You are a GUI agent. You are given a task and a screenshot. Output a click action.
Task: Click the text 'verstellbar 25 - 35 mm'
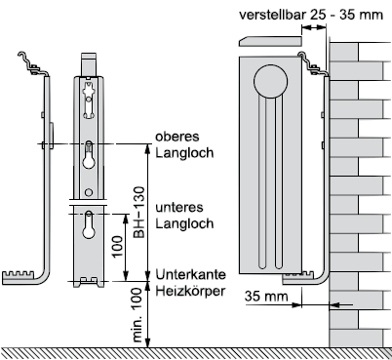pos(311,15)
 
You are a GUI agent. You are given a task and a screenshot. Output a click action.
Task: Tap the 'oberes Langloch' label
pos(184,144)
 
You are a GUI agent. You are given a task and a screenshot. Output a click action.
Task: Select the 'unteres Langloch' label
pos(184,216)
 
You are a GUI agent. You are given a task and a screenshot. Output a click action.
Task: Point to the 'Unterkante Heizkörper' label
pos(190,282)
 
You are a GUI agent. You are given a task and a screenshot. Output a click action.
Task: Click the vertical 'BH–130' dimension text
pos(139,212)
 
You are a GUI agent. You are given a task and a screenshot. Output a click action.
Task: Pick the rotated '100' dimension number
pos(117,247)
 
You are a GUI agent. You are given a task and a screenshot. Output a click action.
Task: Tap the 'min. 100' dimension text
pos(137,315)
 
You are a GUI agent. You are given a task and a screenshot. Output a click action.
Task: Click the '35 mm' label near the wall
pos(266,297)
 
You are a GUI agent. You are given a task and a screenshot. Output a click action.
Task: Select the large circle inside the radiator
pos(271,81)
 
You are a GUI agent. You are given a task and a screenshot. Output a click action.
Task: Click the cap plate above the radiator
pos(271,41)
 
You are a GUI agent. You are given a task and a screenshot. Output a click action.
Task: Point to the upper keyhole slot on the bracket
pos(89,155)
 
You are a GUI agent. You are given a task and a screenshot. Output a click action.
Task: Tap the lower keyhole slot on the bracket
pos(89,224)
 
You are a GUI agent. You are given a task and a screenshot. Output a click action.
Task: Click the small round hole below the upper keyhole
pos(89,192)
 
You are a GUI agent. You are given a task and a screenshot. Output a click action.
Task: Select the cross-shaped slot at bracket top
pos(89,100)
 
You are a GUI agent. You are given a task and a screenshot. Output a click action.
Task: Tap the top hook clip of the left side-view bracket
pos(32,64)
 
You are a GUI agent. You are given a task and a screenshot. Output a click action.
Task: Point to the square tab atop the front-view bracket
pos(89,64)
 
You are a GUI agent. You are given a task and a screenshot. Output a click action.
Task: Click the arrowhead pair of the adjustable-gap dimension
pos(314,28)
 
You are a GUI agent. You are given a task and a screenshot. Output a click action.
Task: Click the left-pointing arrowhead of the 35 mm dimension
pos(334,305)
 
